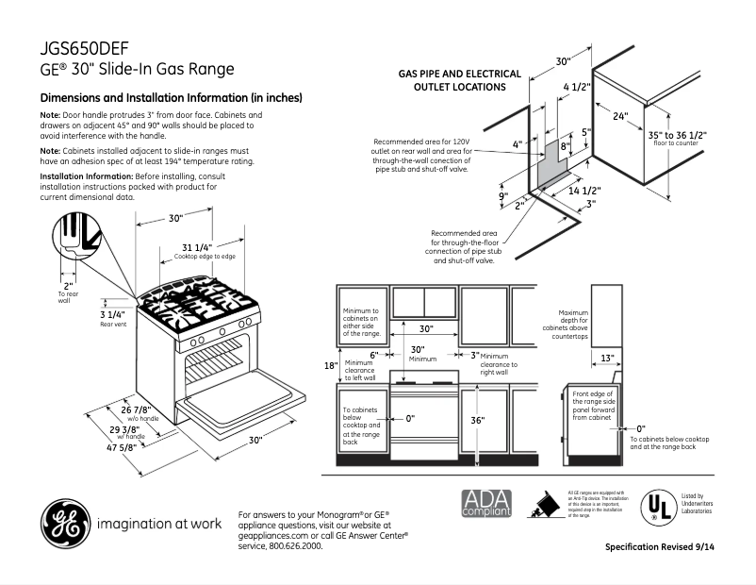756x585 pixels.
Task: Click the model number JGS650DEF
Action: pos(85,48)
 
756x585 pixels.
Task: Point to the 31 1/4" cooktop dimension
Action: pos(197,248)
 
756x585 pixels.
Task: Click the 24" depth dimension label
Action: pos(619,116)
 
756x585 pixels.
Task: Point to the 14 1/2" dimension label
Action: pos(584,191)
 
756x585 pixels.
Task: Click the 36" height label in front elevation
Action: pos(477,420)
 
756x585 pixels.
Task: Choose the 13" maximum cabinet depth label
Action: pos(607,358)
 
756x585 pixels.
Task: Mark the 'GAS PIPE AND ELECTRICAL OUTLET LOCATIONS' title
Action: pos(459,80)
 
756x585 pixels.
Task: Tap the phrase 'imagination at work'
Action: pos(158,524)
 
